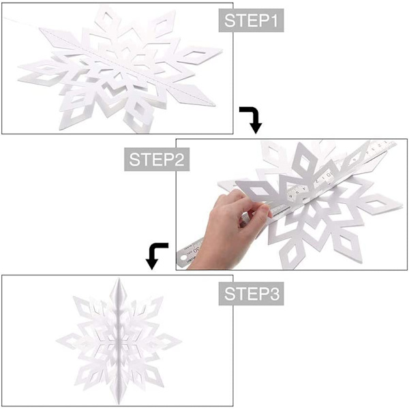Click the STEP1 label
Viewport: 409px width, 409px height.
coord(251,20)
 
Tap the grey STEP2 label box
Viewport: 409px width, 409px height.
coord(157,160)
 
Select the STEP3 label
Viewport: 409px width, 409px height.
coord(251,293)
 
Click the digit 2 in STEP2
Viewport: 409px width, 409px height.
coord(179,160)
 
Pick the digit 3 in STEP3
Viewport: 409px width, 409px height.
coord(274,293)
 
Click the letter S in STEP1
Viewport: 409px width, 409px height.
coord(229,20)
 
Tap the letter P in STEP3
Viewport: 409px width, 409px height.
coord(263,293)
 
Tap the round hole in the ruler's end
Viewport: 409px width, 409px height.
coord(185,258)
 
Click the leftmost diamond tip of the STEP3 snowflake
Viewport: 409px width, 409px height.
coord(57,341)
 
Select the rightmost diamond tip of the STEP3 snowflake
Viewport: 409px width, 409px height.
coord(181,341)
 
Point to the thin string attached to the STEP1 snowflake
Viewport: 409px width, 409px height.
coord(21,22)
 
